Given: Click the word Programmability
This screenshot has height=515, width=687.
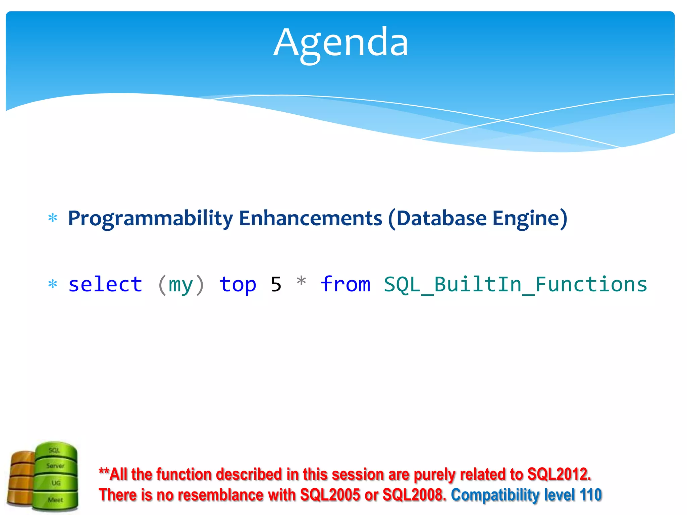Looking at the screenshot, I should tap(150, 219).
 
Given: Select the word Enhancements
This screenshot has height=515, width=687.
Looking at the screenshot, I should tap(310, 219).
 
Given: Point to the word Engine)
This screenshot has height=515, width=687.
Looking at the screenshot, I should tap(530, 219).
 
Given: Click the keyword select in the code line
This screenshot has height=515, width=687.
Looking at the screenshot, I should tap(105, 285).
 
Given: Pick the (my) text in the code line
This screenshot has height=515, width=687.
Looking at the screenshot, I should tap(181, 285).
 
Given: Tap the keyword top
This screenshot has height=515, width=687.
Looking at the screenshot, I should tap(237, 285).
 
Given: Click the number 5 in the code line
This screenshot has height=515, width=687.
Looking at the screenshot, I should tap(276, 285).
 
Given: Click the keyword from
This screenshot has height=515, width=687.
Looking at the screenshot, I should tap(345, 285).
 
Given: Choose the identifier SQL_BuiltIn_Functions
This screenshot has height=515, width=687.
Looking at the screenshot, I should tap(515, 285).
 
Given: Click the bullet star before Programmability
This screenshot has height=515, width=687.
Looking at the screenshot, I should tap(53, 218).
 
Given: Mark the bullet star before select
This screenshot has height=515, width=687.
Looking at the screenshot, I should tap(53, 284).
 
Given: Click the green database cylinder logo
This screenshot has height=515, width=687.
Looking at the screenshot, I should tap(56, 476).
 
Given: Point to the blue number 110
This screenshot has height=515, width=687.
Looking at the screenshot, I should tap(591, 495).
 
